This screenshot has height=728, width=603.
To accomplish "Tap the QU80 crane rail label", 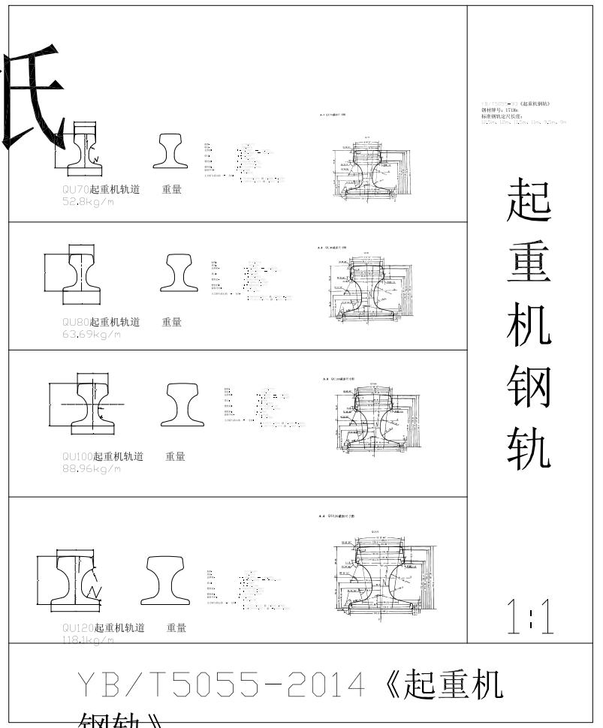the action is pos(101,322).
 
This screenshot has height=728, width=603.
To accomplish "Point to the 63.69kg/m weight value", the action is pos(92,334).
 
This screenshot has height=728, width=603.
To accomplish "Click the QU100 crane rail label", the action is pos(103,456).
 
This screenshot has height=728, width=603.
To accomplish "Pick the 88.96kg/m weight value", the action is pos(92,468).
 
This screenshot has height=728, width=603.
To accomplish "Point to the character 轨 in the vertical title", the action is pos(529,450).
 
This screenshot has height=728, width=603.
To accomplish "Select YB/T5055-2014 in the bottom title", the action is pos(222,684).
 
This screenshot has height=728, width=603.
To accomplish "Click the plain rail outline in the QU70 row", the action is pos(174,152).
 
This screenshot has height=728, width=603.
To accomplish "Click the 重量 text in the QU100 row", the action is pos(175,456).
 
